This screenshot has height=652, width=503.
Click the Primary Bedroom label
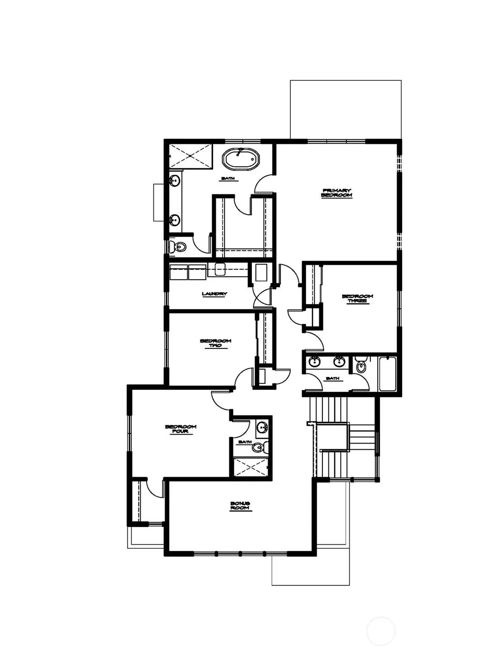coord(337,193)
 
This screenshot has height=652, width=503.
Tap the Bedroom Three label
coord(357,299)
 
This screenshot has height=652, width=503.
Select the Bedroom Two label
coord(215,343)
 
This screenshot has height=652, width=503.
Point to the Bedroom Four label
coord(180,429)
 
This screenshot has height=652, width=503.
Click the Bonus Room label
coord(240,506)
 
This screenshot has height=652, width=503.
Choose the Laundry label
coord(214,294)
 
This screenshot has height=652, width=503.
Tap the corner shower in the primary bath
coord(191,156)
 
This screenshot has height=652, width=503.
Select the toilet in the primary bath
coord(177,246)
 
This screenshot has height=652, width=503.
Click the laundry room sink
coord(220,269)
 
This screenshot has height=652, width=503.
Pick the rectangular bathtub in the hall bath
coord(388,374)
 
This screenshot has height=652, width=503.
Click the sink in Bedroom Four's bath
coord(262,427)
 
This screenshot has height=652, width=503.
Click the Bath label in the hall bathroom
coord(332,379)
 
